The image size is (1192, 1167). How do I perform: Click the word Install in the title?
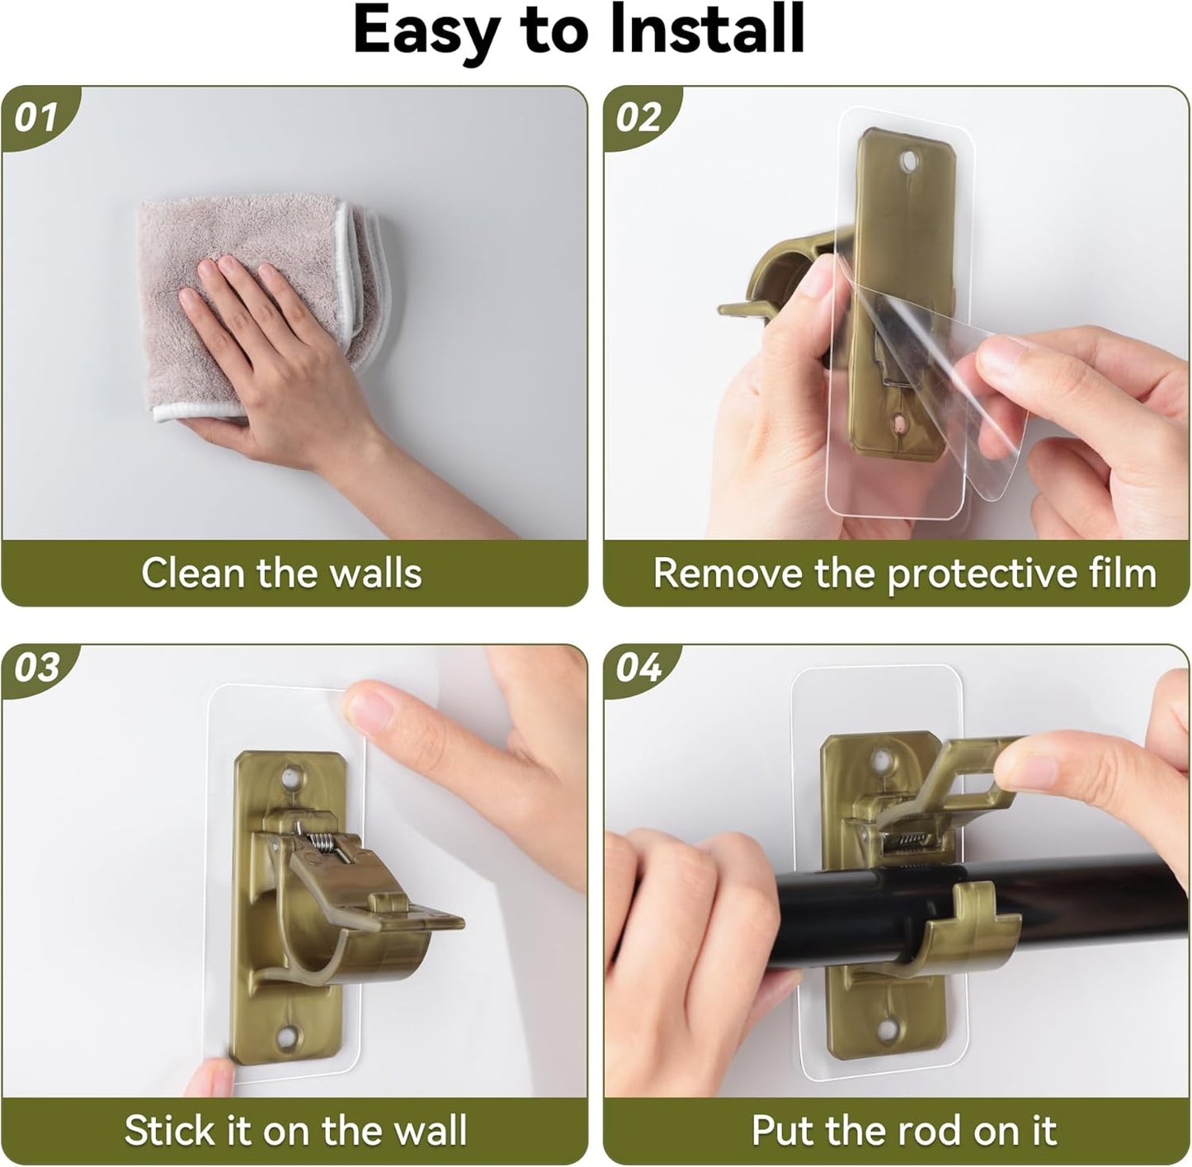(708, 30)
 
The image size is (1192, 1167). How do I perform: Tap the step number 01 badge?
(37, 117)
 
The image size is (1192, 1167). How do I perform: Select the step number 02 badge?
(639, 117)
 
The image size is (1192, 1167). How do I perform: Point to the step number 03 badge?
(37, 668)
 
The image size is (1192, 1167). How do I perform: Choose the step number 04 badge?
(639, 668)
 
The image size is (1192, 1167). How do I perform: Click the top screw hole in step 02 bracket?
(909, 161)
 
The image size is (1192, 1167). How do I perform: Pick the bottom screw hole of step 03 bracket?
(287, 1037)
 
